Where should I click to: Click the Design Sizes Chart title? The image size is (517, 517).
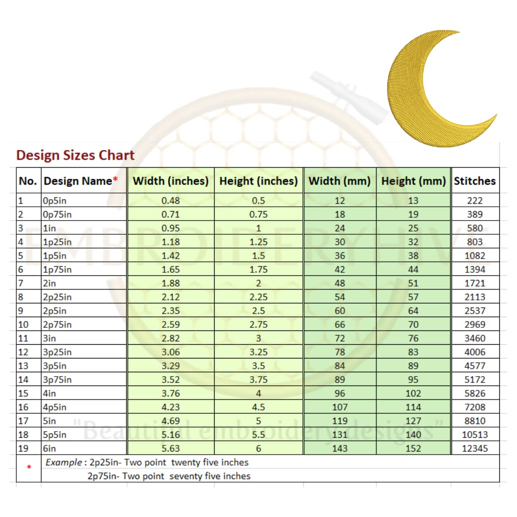(75, 155)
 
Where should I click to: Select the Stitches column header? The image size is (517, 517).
(475, 181)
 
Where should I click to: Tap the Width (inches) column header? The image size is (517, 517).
(171, 181)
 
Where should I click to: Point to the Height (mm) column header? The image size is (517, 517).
(413, 181)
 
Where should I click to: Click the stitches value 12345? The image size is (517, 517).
(475, 448)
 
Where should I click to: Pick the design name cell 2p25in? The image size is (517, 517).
(57, 297)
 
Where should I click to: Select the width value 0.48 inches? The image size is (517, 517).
(171, 200)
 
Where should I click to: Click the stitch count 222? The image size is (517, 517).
(475, 200)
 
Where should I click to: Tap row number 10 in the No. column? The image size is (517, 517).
(23, 324)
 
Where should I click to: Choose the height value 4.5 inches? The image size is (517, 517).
(258, 407)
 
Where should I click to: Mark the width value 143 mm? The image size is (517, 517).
(339, 448)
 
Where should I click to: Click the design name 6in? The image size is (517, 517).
(50, 448)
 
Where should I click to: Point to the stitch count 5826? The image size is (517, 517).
(475, 393)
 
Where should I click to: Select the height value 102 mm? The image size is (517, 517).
(413, 393)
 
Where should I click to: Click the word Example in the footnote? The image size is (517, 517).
(64, 462)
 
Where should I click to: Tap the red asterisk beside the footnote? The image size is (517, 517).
(29, 467)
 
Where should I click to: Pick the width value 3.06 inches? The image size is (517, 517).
(171, 352)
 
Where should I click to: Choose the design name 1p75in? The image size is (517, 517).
(57, 269)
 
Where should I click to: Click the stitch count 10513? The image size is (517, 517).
(475, 435)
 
